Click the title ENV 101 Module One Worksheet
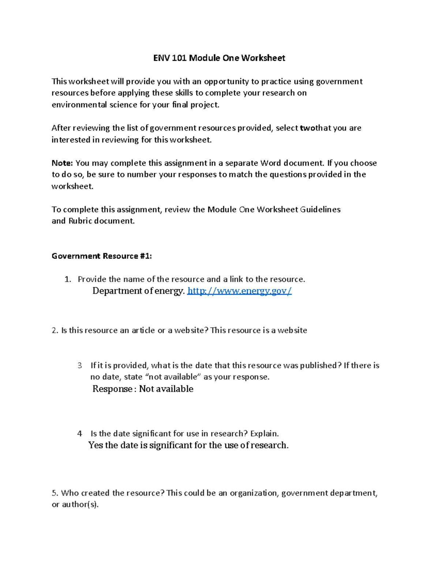pos(219,58)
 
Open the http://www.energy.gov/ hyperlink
pos(239,291)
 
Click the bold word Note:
pos(62,163)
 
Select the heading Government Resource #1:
pos(101,256)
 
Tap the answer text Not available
pos(166,389)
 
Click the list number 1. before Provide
pos(68,279)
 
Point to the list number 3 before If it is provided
pos(80,365)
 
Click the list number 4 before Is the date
pos(80,434)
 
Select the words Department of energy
pos(138,291)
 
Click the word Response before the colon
pos(112,389)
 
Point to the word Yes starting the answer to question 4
pos(95,445)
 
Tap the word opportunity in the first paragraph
pos(226,82)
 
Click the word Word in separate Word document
pos(270,163)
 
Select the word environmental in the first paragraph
pos(79,105)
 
